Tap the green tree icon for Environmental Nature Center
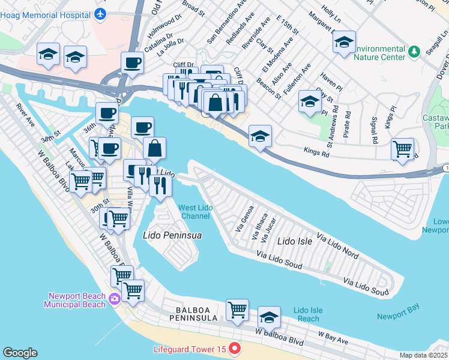pos(414,52)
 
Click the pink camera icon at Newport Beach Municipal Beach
pos(115,298)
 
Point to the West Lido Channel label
pos(194,212)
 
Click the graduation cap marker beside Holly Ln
pos(344,43)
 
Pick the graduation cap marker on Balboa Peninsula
pos(269,317)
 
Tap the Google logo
pos(20,353)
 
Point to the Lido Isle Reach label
pos(309,314)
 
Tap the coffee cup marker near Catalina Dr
pos(132,63)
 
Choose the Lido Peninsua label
pos(172,236)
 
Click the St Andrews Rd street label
pos(330,127)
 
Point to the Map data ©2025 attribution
pos(423,355)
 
